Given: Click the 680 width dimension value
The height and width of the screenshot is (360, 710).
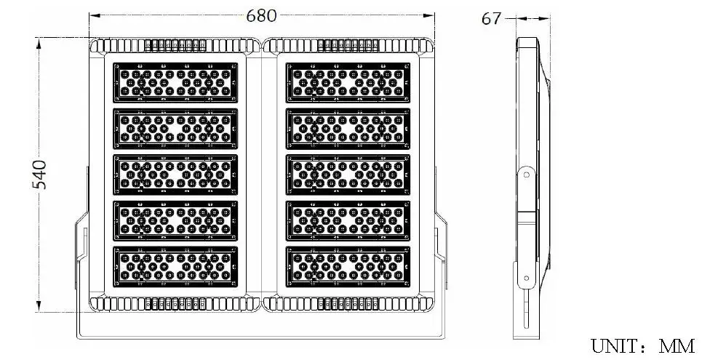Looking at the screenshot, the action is point(261,15).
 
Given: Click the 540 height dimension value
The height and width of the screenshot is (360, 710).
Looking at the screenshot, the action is point(40,175).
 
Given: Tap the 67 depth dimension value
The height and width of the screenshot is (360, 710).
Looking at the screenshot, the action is point(491,19).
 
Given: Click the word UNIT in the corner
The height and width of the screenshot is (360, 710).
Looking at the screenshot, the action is point(613,346).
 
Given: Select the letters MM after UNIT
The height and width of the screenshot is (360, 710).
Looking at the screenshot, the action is point(677,346).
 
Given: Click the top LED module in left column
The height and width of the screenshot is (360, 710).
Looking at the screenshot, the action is point(175,83).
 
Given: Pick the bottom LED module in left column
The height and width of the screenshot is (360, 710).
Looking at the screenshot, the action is point(175,267).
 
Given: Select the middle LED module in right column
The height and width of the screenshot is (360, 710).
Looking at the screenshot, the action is point(348,175).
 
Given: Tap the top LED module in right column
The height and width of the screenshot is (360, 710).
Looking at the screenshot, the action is point(348,83).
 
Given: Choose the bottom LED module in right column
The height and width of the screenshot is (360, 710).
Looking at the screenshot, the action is point(348,267).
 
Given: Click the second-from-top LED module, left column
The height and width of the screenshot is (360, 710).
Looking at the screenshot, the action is point(175,129).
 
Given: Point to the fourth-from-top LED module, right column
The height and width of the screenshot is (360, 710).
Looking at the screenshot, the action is point(348,220).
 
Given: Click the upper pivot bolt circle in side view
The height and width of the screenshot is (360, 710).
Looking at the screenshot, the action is point(526,175).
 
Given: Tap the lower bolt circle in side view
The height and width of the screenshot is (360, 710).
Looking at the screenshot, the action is point(526,278).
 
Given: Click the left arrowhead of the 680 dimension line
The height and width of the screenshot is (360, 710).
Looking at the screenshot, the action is point(94,15).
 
